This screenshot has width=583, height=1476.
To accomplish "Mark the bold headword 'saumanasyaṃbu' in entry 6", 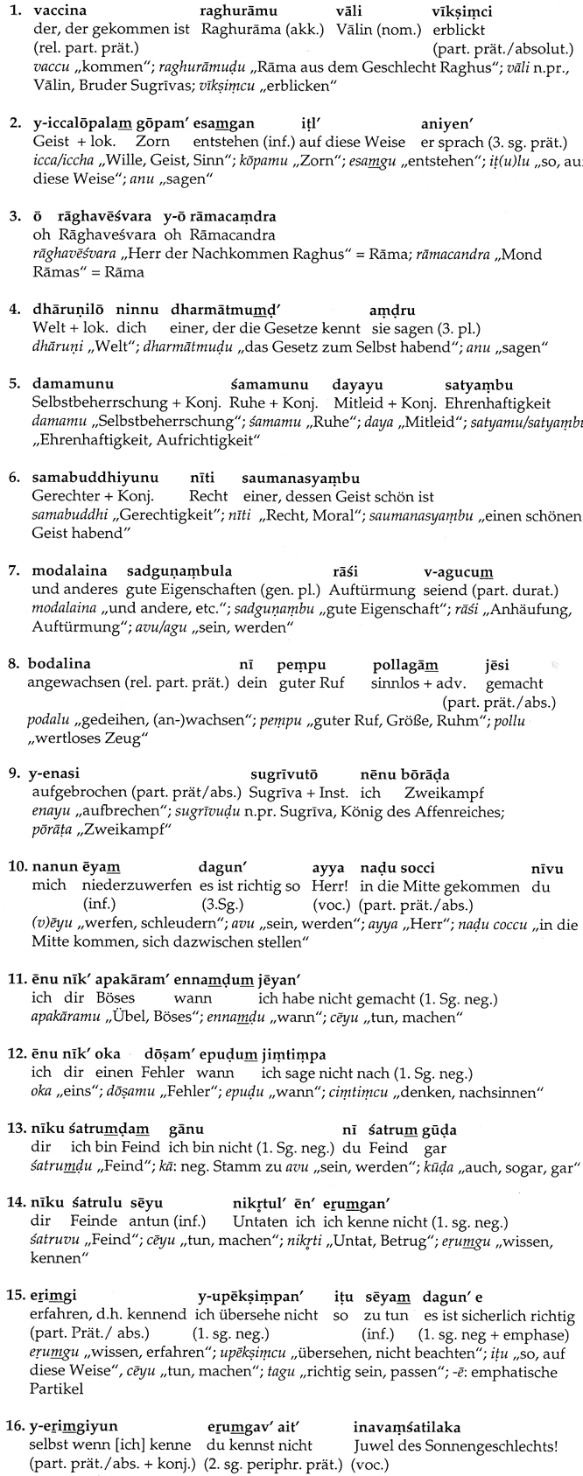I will pyautogui.click(x=302, y=479).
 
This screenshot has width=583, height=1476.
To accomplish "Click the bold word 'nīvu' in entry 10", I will pyautogui.click(x=546, y=869).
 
